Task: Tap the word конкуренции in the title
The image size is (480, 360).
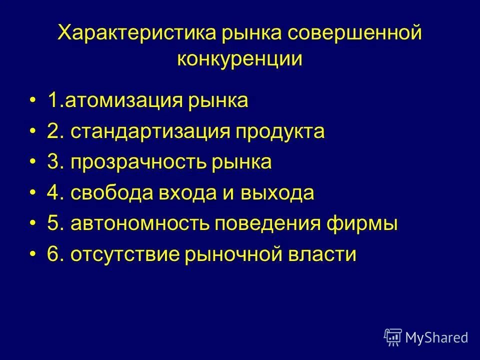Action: click(240, 59)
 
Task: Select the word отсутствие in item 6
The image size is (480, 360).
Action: click(125, 255)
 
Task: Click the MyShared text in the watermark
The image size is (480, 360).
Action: click(436, 337)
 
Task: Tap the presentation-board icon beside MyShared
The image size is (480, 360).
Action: click(393, 337)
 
